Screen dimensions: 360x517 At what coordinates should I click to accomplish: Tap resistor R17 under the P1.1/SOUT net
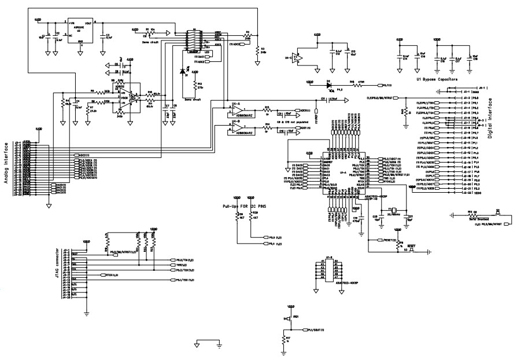point(283,339)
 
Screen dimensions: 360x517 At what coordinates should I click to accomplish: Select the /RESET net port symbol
point(385,240)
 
